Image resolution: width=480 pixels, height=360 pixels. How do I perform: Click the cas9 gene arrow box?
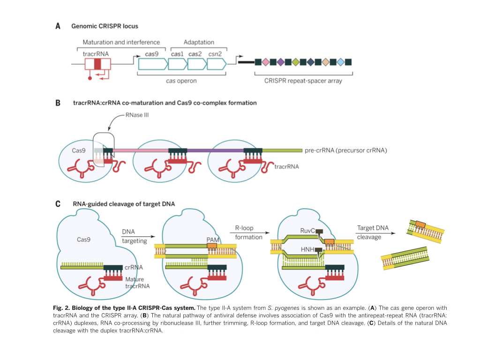click(151, 65)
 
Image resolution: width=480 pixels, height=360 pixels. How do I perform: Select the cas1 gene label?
click(178, 54)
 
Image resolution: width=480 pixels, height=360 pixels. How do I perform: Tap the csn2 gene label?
click(215, 54)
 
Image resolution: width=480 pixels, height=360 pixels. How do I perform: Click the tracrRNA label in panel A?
click(96, 54)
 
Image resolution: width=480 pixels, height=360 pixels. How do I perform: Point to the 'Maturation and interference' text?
click(121, 42)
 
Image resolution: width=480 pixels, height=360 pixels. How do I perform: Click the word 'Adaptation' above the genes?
click(199, 42)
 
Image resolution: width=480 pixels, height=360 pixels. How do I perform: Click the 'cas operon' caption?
click(181, 81)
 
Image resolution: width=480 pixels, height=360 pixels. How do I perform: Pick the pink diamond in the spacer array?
click(265, 62)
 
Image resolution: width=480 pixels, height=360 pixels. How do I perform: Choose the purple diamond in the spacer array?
click(280, 62)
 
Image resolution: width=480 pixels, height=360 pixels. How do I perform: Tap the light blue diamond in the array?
click(341, 62)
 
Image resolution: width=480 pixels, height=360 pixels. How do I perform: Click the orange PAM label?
click(212, 240)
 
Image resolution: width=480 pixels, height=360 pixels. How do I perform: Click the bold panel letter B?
click(58, 102)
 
